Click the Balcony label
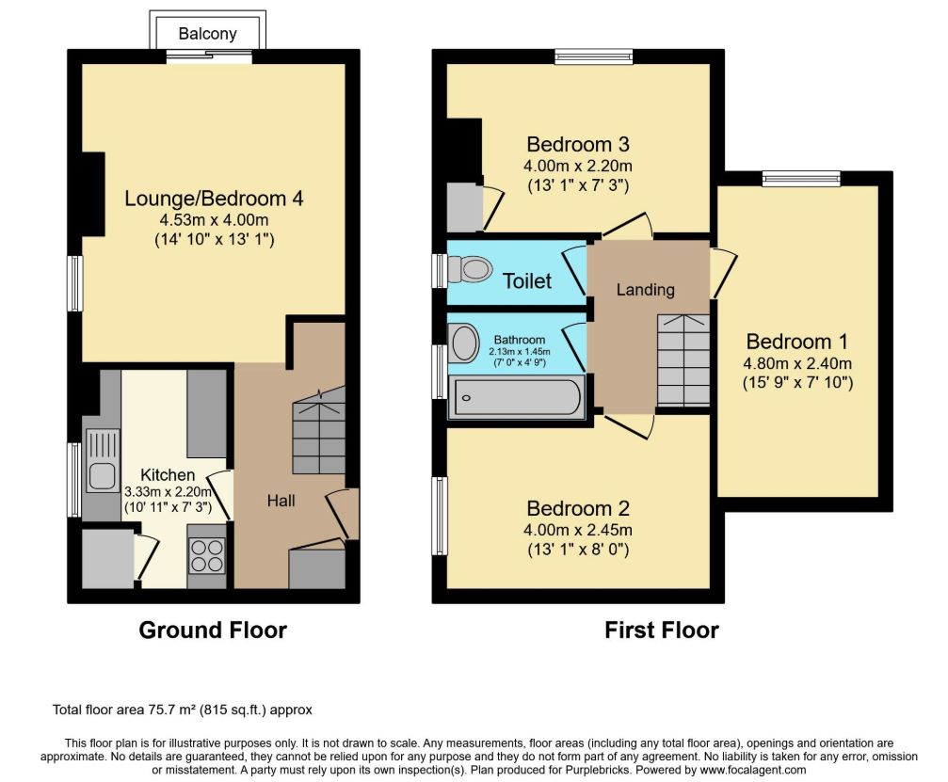coord(207,34)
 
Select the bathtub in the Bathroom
coord(517,397)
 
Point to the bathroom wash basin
coord(464,343)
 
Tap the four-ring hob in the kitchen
coord(207,555)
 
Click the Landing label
coord(645,290)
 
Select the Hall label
coord(281,501)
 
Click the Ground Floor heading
coord(213,630)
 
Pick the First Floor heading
coord(662,630)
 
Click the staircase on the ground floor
coord(318,430)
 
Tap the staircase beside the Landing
coord(683,360)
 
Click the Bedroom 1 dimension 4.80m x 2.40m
coord(797,364)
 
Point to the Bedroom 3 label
coord(578,144)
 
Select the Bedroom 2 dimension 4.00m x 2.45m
coord(578,531)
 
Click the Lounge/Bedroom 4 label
coord(214,199)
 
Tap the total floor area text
coord(183,710)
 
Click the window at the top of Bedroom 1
coord(801,178)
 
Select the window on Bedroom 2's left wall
coord(440,516)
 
